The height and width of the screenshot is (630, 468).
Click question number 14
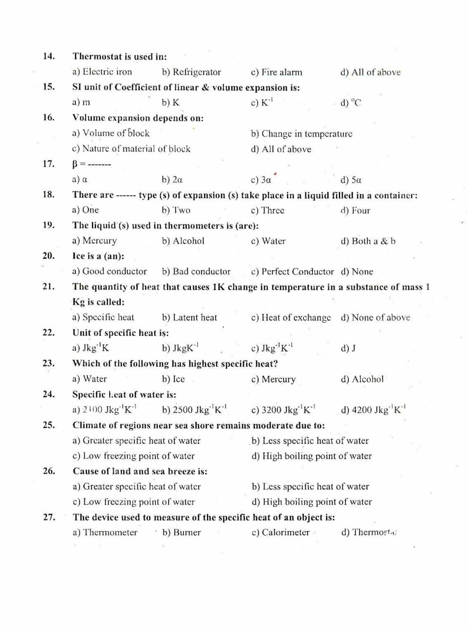pyautogui.click(x=48, y=56)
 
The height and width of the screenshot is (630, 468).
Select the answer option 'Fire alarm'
pyautogui.click(x=277, y=72)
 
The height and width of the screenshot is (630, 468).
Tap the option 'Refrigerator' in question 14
pyautogui.click(x=191, y=72)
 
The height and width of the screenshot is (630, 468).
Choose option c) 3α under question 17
pyautogui.click(x=261, y=180)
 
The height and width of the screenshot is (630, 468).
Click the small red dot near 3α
pyautogui.click(x=275, y=174)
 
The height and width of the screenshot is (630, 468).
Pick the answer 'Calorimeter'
pyautogui.click(x=280, y=532)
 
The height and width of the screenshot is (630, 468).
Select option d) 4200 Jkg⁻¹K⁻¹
pyautogui.click(x=373, y=410)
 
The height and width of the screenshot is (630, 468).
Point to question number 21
pyautogui.click(x=48, y=287)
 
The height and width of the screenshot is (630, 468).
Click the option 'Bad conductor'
pyautogui.click(x=196, y=271)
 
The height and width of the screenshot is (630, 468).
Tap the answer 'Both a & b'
pyautogui.click(x=368, y=241)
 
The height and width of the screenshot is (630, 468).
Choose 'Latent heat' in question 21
pyautogui.click(x=189, y=317)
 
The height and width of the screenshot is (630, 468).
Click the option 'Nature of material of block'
pyautogui.click(x=131, y=149)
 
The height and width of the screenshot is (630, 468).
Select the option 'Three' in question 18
pyautogui.click(x=267, y=210)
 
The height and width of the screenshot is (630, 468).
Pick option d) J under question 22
pyautogui.click(x=348, y=348)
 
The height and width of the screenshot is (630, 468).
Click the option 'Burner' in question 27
pyautogui.click(x=182, y=532)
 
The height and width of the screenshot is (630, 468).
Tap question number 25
pyautogui.click(x=48, y=425)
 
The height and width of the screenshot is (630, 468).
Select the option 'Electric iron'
pyautogui.click(x=102, y=72)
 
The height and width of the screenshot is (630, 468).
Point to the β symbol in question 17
pyautogui.click(x=76, y=164)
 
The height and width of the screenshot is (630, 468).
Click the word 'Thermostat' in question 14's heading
pyautogui.click(x=97, y=57)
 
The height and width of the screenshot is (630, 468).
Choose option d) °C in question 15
pyautogui.click(x=351, y=103)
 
